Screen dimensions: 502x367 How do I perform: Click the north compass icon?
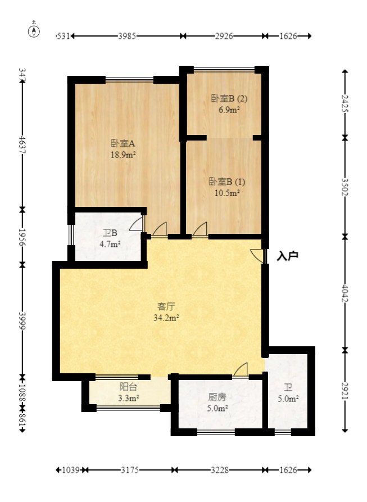[34, 30]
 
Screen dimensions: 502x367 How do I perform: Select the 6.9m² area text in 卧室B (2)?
[229, 110]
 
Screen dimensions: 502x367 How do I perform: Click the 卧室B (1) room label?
[227, 182]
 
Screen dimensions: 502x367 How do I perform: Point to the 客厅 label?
[166, 307]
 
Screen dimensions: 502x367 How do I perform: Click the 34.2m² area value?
[166, 318]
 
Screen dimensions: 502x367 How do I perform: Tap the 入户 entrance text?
[287, 256]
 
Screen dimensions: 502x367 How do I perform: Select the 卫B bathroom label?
[110, 233]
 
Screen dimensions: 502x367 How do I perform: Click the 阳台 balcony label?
[129, 387]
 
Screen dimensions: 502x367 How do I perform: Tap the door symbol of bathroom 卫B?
[137, 225]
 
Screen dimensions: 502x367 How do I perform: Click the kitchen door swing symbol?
[241, 369]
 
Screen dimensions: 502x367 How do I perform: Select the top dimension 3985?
[127, 36]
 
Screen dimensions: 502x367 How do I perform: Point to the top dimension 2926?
[224, 36]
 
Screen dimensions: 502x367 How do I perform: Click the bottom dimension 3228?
[220, 470]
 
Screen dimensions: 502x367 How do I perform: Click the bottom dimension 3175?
[130, 470]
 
